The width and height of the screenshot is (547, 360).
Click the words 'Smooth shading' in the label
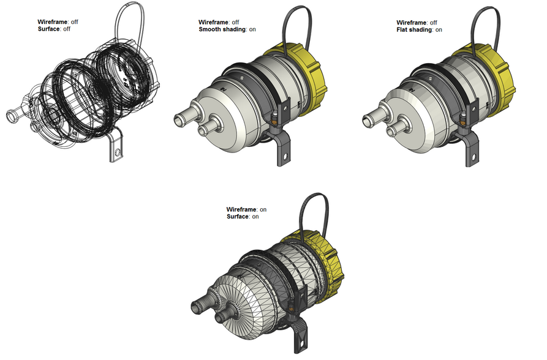coord(222,29)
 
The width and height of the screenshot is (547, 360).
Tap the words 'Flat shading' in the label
coord(414,29)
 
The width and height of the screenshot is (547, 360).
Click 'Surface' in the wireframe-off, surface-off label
coord(48,29)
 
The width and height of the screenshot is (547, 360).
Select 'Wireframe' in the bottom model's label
coord(241,209)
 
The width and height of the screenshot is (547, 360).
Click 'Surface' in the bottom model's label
coord(237,216)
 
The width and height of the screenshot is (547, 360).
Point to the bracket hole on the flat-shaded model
coord(473,156)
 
